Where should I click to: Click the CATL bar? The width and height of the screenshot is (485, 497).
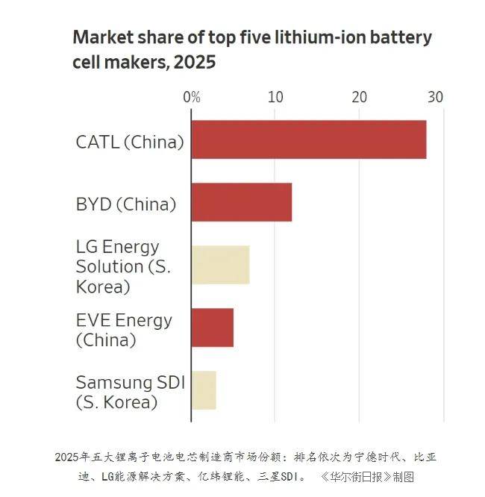pyautogui.click(x=308, y=140)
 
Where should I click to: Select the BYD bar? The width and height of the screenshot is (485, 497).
pyautogui.click(x=241, y=202)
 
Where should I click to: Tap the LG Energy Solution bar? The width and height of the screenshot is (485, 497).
pyautogui.click(x=220, y=265)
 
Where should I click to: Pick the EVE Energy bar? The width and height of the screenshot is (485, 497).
pyautogui.click(x=212, y=327)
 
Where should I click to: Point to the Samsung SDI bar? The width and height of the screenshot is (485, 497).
pyautogui.click(x=204, y=390)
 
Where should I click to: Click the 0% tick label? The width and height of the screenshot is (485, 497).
pyautogui.click(x=192, y=98)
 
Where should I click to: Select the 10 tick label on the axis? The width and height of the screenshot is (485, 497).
pyautogui.click(x=275, y=98)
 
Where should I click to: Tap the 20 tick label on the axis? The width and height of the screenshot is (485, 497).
pyautogui.click(x=360, y=98)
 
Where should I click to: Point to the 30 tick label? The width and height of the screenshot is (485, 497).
pyautogui.click(x=435, y=98)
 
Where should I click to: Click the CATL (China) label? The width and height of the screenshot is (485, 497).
pyautogui.click(x=130, y=142)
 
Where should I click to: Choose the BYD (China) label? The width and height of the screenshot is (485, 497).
pyautogui.click(x=126, y=204)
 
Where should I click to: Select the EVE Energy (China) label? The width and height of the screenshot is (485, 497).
pyautogui.click(x=124, y=330)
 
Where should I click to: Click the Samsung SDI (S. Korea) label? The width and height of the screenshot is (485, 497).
pyautogui.click(x=130, y=392)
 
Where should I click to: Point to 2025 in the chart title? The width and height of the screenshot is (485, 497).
pyautogui.click(x=195, y=63)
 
